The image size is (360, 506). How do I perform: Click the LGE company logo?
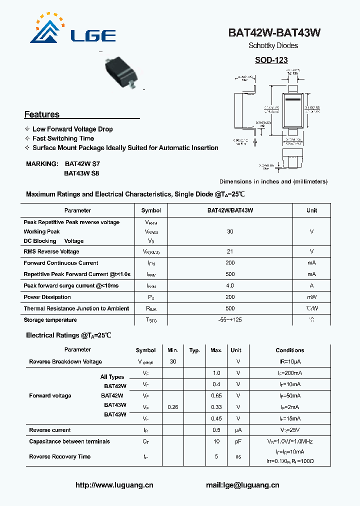pos(73,30)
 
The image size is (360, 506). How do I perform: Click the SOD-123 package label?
pos(271,60)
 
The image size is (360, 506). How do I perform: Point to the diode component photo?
pos(120,72)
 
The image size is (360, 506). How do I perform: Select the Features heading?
pos(42,114)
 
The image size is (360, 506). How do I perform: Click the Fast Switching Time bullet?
pos(63,138)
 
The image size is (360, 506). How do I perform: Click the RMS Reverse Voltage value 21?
pos(230,251)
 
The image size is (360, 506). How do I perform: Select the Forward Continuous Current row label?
pos(61,263)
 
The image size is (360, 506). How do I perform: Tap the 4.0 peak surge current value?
pos(230,285)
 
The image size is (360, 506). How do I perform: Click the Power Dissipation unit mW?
pos(311,297)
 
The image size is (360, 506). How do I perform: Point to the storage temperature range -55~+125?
pos(230,320)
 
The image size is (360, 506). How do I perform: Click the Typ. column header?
pos(195,350)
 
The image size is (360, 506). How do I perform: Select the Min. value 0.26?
pos(173,407)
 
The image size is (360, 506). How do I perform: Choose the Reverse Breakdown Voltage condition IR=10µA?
pos(289,361)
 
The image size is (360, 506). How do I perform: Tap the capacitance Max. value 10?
pos(216,441)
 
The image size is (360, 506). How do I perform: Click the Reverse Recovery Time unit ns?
pos(238,456)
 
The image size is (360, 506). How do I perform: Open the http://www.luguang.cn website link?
pos(114,485)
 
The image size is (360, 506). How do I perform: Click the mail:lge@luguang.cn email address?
pos(242,485)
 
